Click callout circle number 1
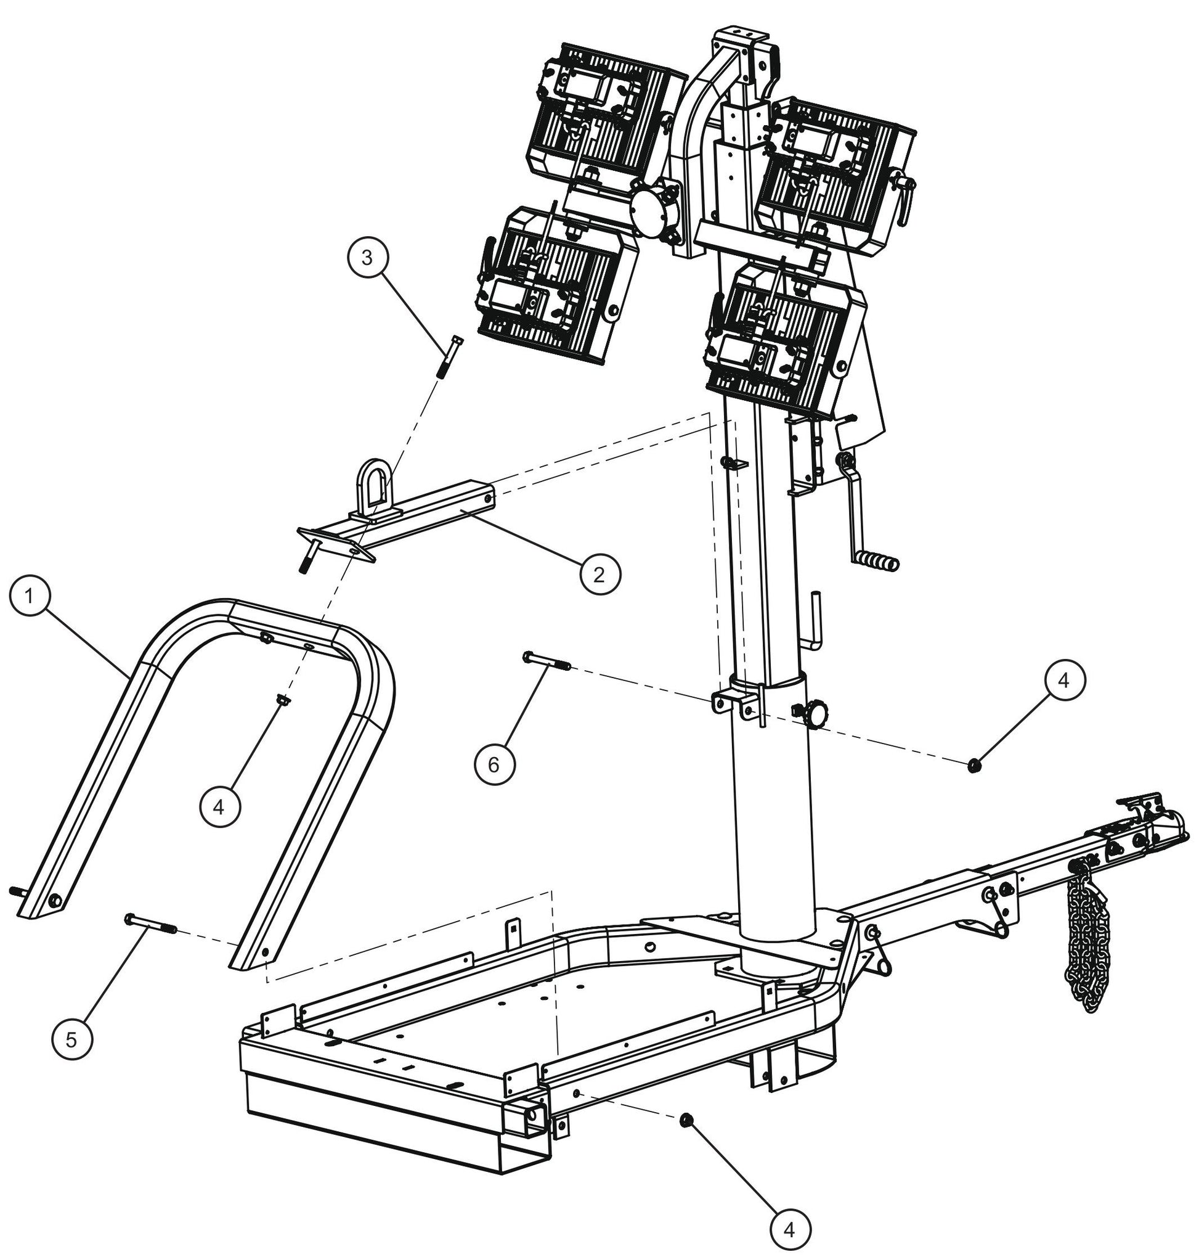coord(30,597)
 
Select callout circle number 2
coord(600,573)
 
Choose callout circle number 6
coord(494,764)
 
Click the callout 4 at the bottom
coord(790,1229)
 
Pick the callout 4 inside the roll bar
coord(219,808)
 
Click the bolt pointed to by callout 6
coord(547,660)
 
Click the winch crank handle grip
coord(879,562)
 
